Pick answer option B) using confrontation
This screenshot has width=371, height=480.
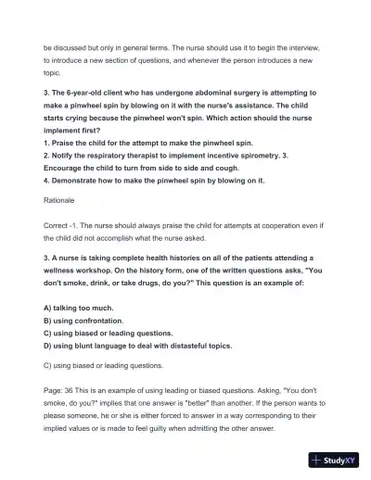90,320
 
